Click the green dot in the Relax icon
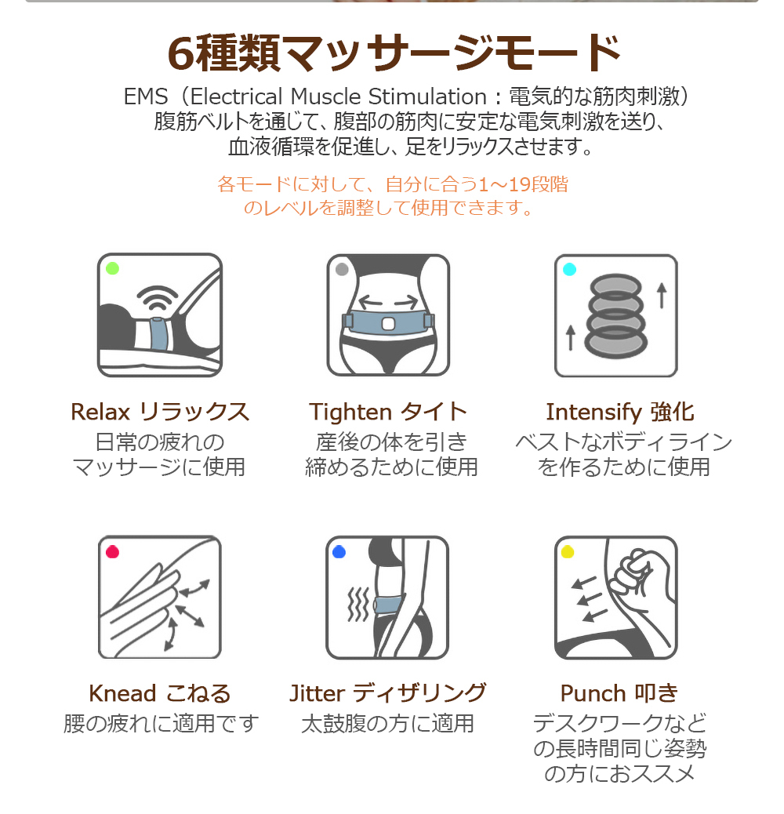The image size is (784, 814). click(x=113, y=268)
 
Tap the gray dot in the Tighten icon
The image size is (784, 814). click(x=342, y=269)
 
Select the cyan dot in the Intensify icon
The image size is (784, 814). click(x=570, y=269)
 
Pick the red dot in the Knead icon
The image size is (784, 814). click(x=113, y=552)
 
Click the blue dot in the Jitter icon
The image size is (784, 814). click(x=339, y=551)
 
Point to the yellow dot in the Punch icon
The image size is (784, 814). click(x=568, y=551)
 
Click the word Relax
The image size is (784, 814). click(x=100, y=412)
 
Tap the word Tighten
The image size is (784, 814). click(x=350, y=412)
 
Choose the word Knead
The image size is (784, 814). click(x=122, y=693)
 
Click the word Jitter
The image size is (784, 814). click(x=317, y=693)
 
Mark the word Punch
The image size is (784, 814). click(x=593, y=693)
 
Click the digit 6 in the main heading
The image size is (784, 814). click(x=180, y=54)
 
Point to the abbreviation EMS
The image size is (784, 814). click(x=146, y=96)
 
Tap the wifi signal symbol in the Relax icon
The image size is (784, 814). click(x=158, y=298)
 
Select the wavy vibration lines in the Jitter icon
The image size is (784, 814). click(x=358, y=605)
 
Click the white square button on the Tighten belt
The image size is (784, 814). click(x=388, y=325)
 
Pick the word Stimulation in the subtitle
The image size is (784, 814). click(x=427, y=96)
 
